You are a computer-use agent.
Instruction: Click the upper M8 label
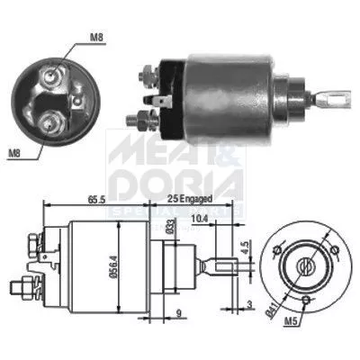point(96,38)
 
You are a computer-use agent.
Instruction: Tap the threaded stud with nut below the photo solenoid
point(142,117)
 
